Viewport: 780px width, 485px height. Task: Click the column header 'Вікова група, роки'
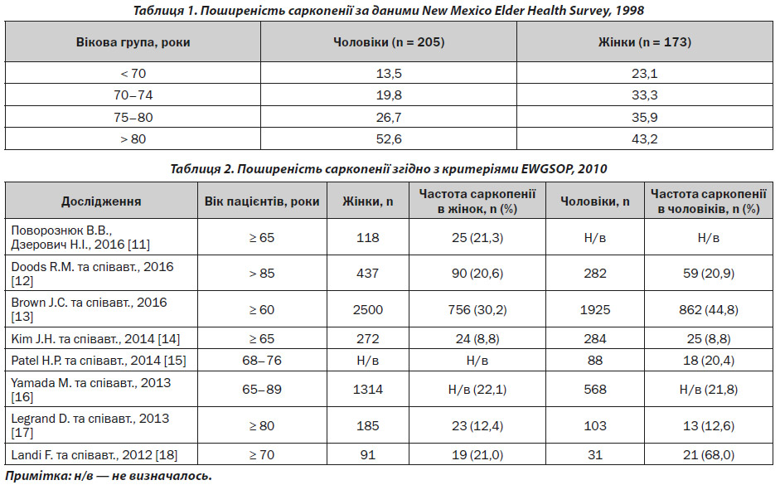133,42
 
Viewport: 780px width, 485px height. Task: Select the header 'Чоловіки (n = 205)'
389,42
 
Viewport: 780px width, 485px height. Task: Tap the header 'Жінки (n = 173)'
645,42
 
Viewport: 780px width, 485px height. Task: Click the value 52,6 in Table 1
389,138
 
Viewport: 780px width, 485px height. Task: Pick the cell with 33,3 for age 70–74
645,95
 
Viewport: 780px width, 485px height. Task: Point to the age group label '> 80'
133,138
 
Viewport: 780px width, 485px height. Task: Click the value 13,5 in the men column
389,74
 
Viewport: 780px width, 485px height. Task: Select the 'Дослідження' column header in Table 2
101,201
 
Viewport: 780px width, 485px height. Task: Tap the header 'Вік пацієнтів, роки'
262,201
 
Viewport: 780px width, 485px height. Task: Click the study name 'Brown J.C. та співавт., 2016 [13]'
89,309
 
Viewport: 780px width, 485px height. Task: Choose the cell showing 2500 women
367,310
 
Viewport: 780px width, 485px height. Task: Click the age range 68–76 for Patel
262,360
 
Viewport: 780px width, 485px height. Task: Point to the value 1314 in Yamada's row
367,389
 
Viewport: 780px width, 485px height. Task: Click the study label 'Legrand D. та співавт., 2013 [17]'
90,425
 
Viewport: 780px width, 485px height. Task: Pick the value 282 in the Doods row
595,274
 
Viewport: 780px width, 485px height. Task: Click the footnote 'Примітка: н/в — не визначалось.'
109,476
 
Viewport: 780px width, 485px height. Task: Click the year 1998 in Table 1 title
630,11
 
